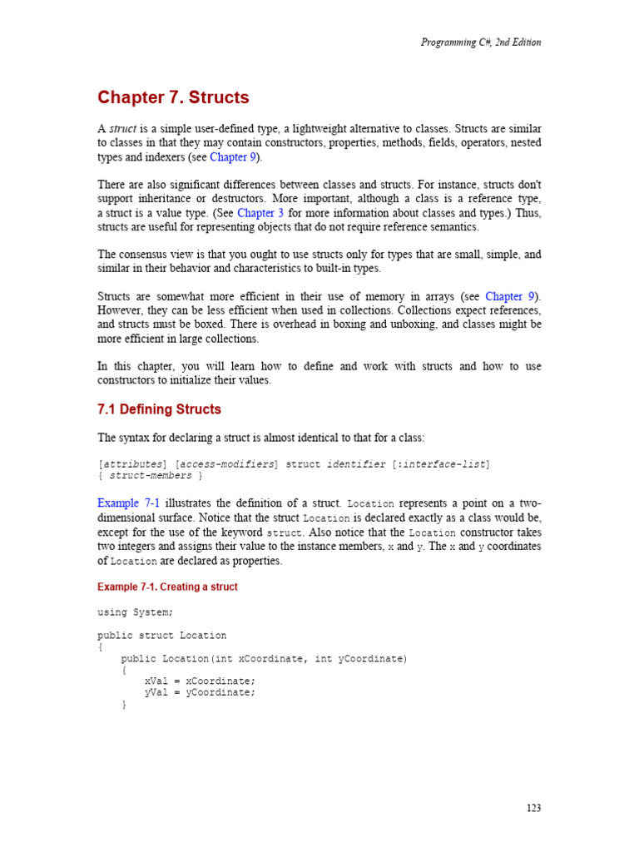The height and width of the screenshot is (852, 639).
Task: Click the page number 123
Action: (533, 808)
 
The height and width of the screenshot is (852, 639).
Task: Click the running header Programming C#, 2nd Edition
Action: (481, 42)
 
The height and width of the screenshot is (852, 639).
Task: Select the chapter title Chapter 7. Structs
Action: (173, 97)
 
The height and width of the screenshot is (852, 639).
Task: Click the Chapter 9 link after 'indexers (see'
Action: (228, 157)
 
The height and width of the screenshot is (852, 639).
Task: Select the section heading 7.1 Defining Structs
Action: (159, 409)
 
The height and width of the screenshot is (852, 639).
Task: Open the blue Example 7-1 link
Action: (131, 503)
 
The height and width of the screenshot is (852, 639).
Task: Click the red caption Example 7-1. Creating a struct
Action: (167, 587)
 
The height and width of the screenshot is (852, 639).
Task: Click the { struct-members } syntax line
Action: (151, 475)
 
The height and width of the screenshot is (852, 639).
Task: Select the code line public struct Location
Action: (162, 635)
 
